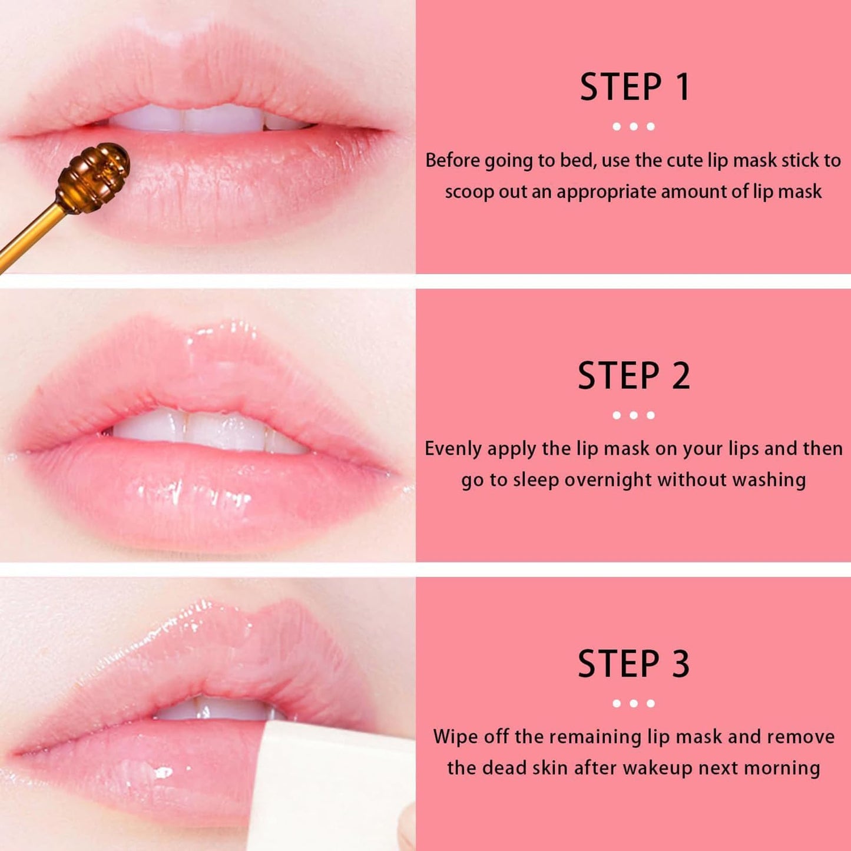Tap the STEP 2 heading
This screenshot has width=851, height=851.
634,376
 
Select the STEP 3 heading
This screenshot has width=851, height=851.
634,664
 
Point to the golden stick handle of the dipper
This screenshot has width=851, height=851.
27,236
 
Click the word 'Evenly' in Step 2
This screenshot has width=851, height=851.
453,449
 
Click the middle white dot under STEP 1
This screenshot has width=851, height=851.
634,127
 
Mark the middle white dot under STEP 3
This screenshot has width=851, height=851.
634,703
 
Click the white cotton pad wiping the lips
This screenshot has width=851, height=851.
330,789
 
